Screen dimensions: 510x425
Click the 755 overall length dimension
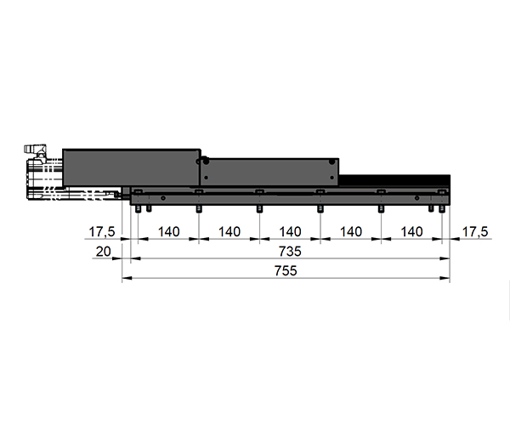[286, 270]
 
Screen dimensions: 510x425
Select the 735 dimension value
[290, 252]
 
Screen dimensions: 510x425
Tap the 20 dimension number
[104, 252]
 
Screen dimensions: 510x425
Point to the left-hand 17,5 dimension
[102, 232]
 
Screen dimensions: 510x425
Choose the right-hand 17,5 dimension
[475, 232]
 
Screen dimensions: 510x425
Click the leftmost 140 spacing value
[168, 232]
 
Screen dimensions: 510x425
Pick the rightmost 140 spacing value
[411, 232]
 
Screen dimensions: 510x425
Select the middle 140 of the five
[290, 232]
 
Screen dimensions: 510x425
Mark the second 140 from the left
[229, 232]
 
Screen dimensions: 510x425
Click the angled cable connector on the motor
[35, 151]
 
